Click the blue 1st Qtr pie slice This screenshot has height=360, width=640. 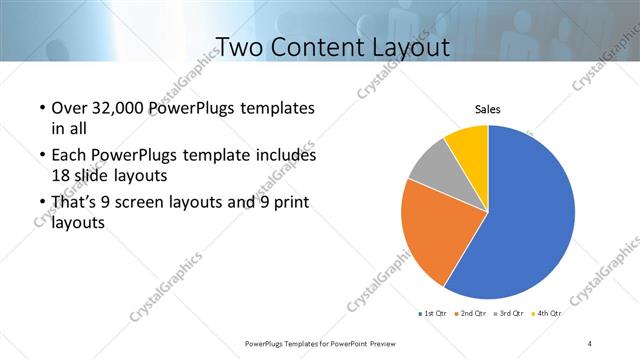tap(530, 215)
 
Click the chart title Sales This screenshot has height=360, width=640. tap(487, 110)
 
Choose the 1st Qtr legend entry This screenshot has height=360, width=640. tap(434, 314)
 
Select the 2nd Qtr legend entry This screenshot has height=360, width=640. tap(473, 314)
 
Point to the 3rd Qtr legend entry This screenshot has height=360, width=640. tap(510, 314)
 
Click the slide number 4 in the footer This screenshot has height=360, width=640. tap(589, 343)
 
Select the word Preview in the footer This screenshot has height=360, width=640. tap(373, 343)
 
